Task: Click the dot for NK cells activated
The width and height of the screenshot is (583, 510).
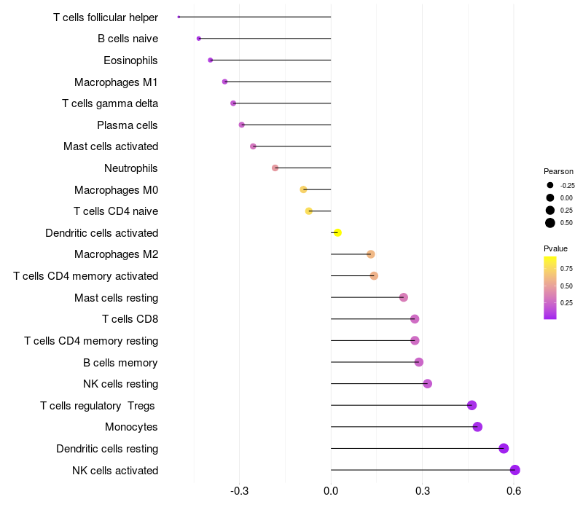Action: [x=515, y=470]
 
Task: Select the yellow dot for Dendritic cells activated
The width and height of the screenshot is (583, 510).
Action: [x=337, y=232]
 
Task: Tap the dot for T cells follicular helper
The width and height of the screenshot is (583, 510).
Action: [x=179, y=17]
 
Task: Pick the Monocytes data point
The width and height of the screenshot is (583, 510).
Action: [x=477, y=427]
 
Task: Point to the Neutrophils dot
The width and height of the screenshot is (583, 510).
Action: [x=275, y=168]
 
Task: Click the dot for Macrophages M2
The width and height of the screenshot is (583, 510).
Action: [x=371, y=254]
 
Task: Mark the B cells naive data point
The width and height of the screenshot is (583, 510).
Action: [x=199, y=38]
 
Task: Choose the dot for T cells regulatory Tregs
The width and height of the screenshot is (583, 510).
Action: [x=472, y=405]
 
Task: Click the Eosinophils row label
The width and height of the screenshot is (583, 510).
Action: [x=130, y=60]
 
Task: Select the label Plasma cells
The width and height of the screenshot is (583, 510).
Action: [x=128, y=125]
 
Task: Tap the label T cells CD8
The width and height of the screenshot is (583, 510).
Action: [x=130, y=319]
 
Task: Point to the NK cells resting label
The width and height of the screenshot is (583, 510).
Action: [x=120, y=384]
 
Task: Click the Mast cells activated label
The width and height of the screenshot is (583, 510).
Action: [x=111, y=146]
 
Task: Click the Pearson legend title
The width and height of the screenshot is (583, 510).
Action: [x=558, y=171]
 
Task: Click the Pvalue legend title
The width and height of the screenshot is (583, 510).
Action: [x=555, y=248]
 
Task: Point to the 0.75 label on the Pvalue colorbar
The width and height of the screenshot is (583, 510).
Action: [x=566, y=268]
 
